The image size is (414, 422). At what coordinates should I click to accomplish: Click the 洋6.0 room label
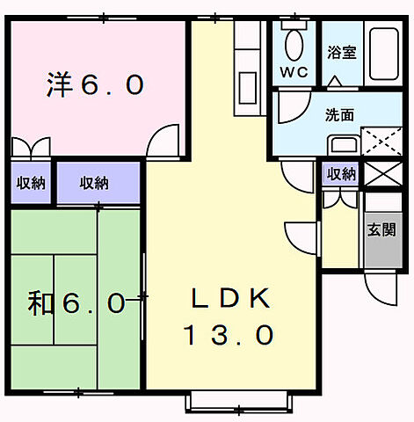[x=94, y=85]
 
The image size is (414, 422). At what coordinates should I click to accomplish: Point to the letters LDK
[x=229, y=299]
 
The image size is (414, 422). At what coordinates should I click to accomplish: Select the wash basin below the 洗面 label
[x=346, y=146]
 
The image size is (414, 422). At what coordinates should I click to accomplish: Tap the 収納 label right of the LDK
[x=341, y=174]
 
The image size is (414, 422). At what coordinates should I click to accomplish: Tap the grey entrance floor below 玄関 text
[x=380, y=252]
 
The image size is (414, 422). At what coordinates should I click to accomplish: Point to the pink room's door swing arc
[x=162, y=139]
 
